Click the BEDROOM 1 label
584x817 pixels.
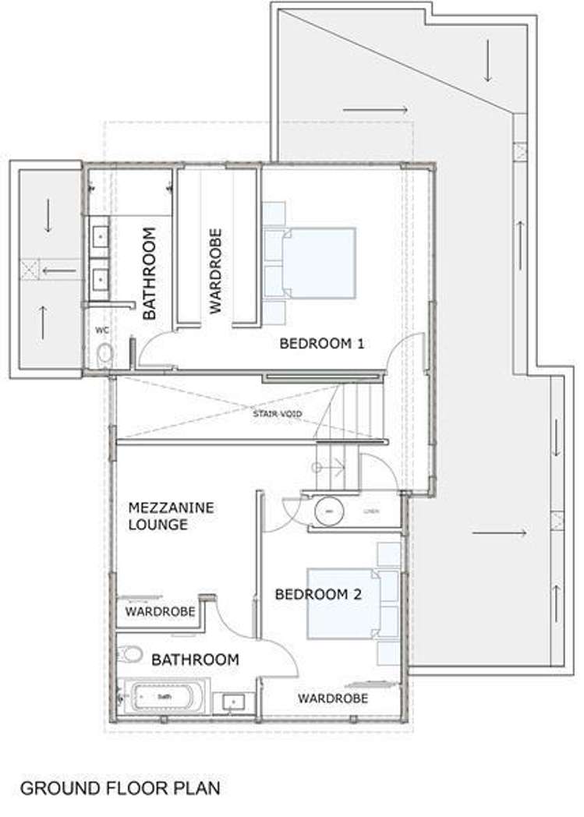tap(322, 343)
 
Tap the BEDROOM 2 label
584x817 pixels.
tap(318, 594)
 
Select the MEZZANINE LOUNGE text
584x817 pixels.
tap(170, 516)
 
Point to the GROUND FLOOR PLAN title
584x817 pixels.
tap(120, 787)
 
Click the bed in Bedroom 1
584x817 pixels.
tap(316, 263)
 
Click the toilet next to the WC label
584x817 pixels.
tap(105, 355)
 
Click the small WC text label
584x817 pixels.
tap(101, 331)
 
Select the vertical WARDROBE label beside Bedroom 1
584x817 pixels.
tap(216, 270)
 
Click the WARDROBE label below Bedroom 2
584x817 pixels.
tap(333, 698)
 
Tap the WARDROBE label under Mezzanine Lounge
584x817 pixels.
tap(160, 612)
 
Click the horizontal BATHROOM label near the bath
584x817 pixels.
tap(195, 660)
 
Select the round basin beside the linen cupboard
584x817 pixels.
tap(327, 511)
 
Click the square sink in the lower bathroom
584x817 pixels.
tap(232, 702)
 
